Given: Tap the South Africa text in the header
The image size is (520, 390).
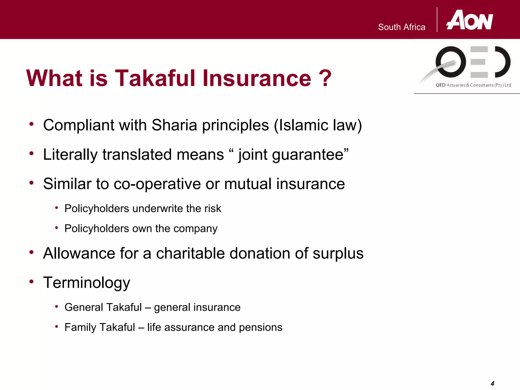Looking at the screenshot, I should click(401, 27).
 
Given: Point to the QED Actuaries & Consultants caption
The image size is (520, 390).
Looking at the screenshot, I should click(473, 85).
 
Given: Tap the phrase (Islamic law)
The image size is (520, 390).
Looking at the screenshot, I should click(318, 125).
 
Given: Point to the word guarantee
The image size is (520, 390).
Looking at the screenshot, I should click(308, 155).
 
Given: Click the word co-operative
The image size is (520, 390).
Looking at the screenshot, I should click(157, 184).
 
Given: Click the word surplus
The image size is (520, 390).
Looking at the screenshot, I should click(338, 253).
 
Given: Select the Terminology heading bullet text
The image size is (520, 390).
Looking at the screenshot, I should click(87, 283).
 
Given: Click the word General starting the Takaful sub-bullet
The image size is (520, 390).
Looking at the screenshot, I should click(84, 307).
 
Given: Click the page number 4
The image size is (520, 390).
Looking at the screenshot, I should click(492, 383).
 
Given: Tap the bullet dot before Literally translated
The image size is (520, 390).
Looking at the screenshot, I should click(31, 153).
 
